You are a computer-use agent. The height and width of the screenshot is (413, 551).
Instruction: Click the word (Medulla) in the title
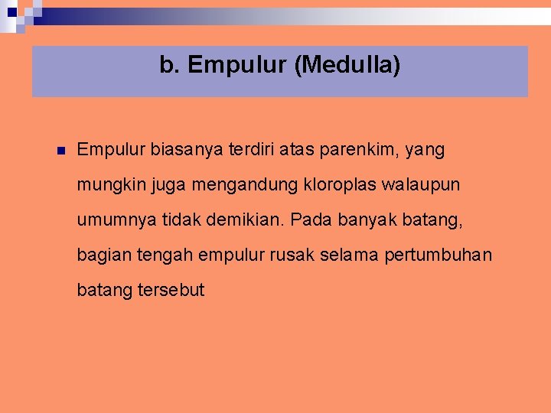coord(347,66)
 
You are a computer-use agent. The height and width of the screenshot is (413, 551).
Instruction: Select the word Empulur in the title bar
coord(236,66)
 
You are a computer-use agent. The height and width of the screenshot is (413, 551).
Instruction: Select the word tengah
coord(165,255)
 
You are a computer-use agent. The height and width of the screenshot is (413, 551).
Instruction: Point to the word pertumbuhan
coord(448,255)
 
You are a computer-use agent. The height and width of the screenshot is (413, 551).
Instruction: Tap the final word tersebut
coord(171,291)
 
